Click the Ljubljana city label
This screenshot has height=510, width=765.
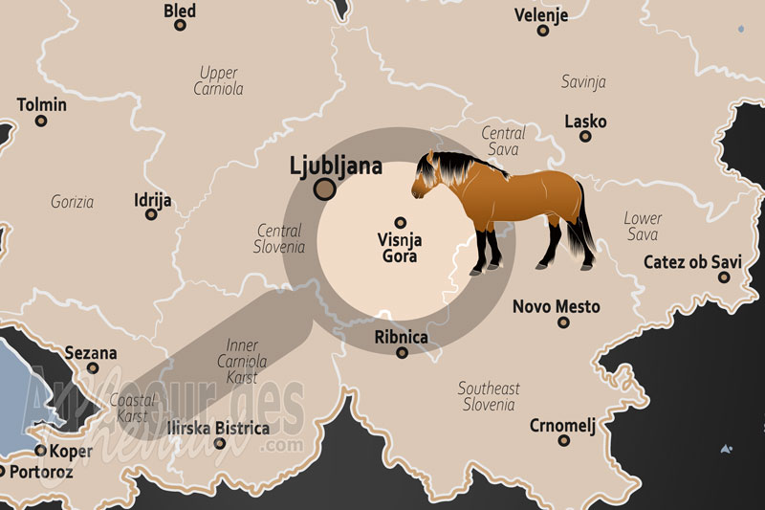(336, 166)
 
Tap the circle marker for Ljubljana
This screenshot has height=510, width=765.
(325, 189)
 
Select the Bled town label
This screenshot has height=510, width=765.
(180, 11)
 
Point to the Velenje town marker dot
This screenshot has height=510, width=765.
(543, 31)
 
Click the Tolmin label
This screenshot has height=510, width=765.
(42, 104)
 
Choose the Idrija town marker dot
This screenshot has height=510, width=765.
(151, 214)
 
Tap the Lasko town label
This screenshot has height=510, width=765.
(585, 122)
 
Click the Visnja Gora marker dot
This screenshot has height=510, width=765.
(401, 222)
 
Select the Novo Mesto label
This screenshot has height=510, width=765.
(557, 306)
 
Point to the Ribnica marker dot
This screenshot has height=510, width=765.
(403, 352)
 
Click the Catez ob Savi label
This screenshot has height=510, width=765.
(692, 261)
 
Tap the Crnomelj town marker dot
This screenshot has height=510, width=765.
(564, 440)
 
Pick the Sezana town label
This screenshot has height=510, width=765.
(91, 353)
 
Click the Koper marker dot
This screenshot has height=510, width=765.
(41, 450)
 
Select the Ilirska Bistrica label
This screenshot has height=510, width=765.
(218, 428)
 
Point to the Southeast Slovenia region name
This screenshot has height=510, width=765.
(489, 396)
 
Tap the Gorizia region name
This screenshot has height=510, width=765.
(73, 202)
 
